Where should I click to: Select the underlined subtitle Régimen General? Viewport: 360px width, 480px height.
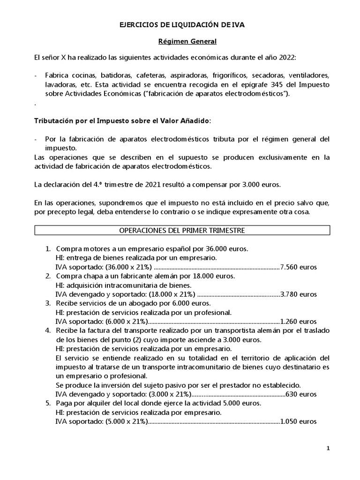click(x=181, y=42)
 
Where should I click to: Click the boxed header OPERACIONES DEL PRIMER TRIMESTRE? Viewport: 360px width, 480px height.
click(x=182, y=230)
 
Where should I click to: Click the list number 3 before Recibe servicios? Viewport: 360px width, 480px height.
click(x=47, y=304)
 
